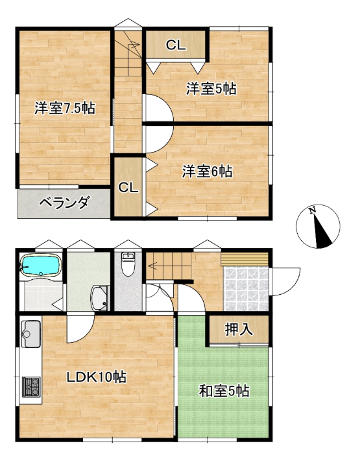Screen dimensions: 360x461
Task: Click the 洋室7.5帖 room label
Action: point(65,108)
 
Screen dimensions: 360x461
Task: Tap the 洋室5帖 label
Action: point(211,88)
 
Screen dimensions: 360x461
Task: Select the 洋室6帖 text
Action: point(208,171)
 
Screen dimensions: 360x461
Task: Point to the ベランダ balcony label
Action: point(64,203)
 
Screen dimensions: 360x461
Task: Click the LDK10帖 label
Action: point(97,377)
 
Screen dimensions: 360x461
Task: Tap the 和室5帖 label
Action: point(224,391)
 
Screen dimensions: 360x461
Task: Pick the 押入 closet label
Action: point(239,329)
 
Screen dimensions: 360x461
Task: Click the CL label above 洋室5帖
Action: point(176,45)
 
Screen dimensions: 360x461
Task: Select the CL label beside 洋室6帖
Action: point(128,187)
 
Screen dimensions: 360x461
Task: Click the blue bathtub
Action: point(41,265)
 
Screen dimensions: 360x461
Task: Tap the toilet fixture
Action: point(128,264)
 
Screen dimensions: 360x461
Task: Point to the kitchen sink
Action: point(30,334)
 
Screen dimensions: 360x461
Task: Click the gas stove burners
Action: point(31,386)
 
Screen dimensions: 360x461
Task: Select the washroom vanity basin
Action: point(100,297)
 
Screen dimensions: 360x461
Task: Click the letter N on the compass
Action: point(312,210)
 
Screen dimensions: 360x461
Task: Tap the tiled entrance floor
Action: point(246,288)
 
